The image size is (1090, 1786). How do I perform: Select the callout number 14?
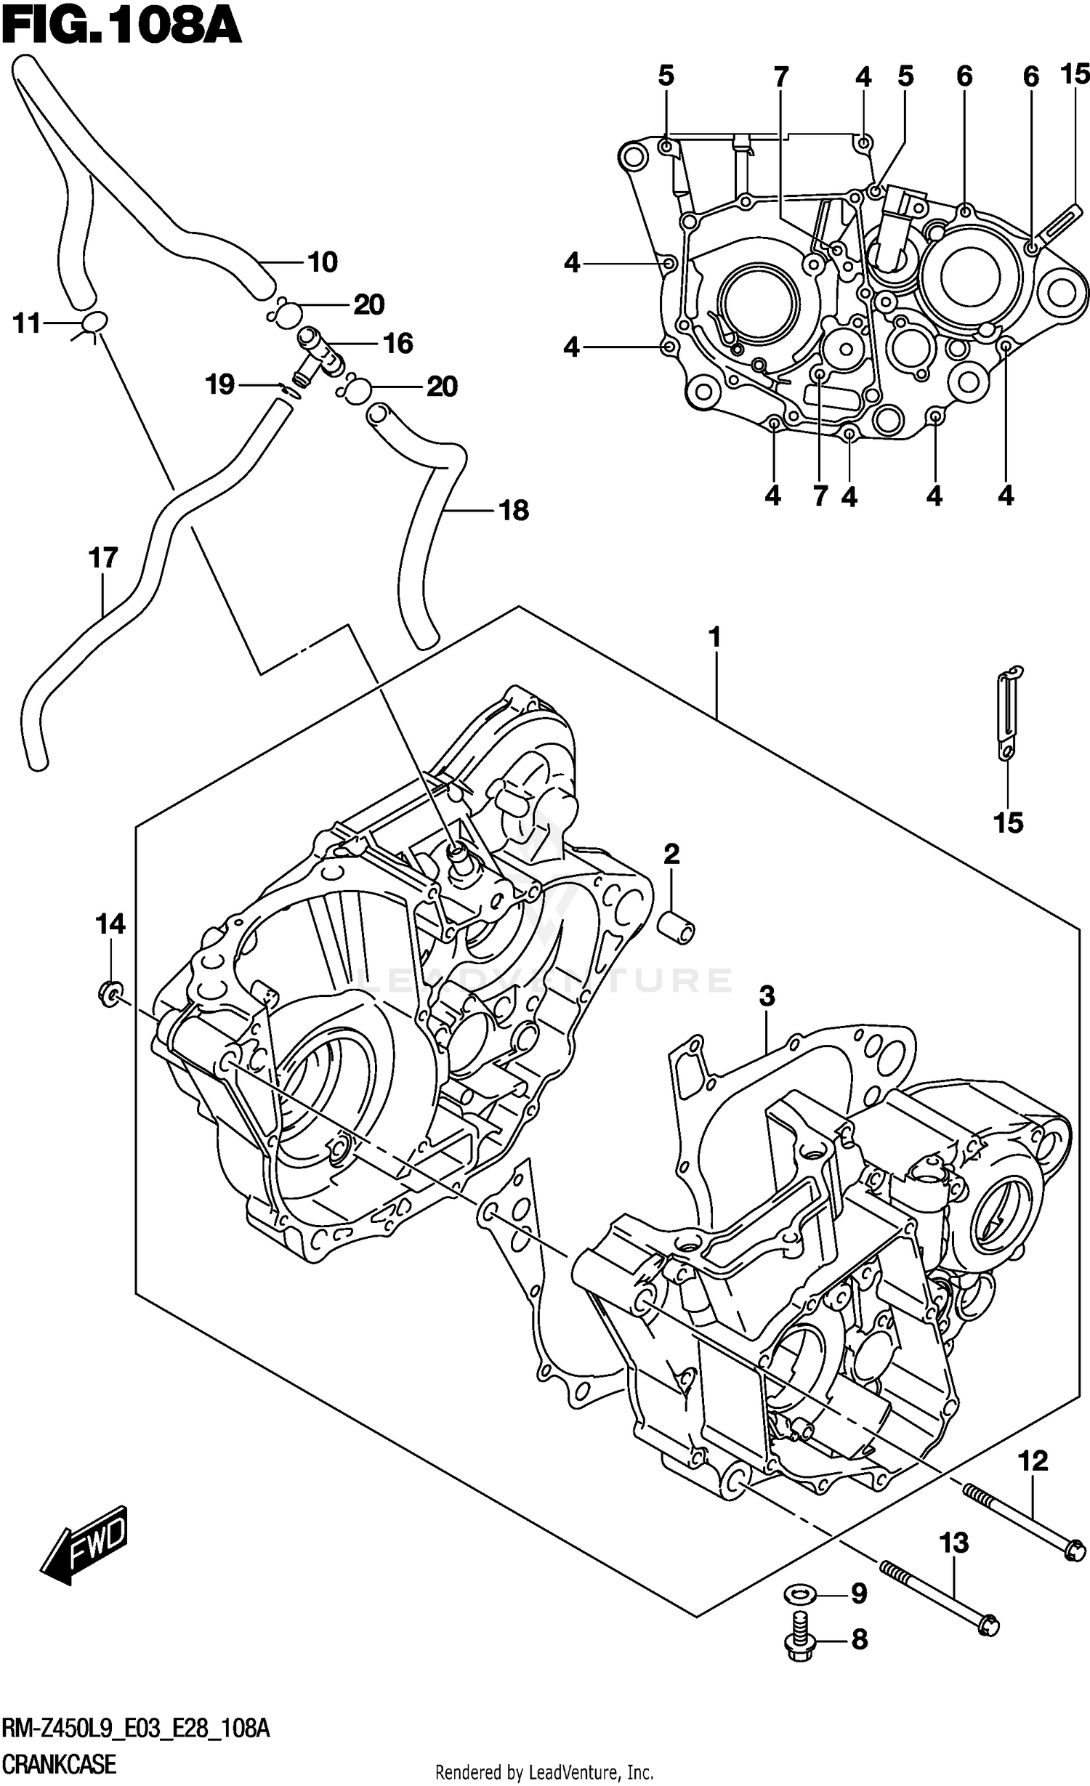pos(110,924)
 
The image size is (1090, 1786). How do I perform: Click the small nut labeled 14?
pos(110,993)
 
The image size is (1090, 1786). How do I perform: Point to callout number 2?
pos(671,854)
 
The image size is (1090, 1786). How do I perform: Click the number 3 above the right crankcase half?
pos(767,996)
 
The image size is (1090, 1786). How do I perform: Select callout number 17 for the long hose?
pos(102,558)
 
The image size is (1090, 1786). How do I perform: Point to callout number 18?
pos(514,511)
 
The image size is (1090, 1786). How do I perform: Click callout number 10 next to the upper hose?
pos(322,262)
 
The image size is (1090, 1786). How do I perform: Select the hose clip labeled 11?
pos(94,322)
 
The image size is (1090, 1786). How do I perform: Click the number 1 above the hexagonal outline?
pos(714,638)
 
